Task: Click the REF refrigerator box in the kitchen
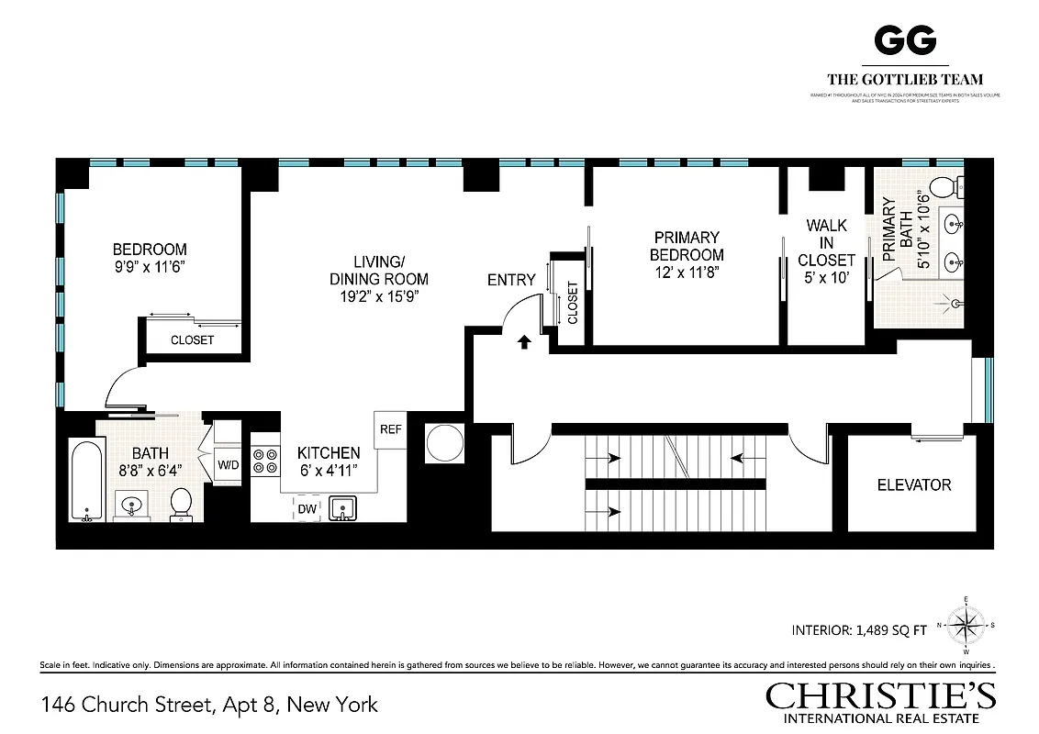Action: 389,429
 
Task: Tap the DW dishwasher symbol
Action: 307,508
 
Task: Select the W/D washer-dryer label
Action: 228,465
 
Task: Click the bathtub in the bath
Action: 88,482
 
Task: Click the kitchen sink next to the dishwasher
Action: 344,508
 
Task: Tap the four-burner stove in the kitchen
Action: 264,461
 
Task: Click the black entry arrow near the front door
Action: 524,343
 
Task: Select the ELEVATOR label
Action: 913,484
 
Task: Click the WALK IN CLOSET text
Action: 826,243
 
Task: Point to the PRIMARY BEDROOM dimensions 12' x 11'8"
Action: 687,273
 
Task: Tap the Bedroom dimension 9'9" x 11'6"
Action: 150,268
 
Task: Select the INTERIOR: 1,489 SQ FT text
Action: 858,630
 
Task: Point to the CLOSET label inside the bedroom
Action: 192,339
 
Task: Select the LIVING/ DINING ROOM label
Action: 378,271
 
